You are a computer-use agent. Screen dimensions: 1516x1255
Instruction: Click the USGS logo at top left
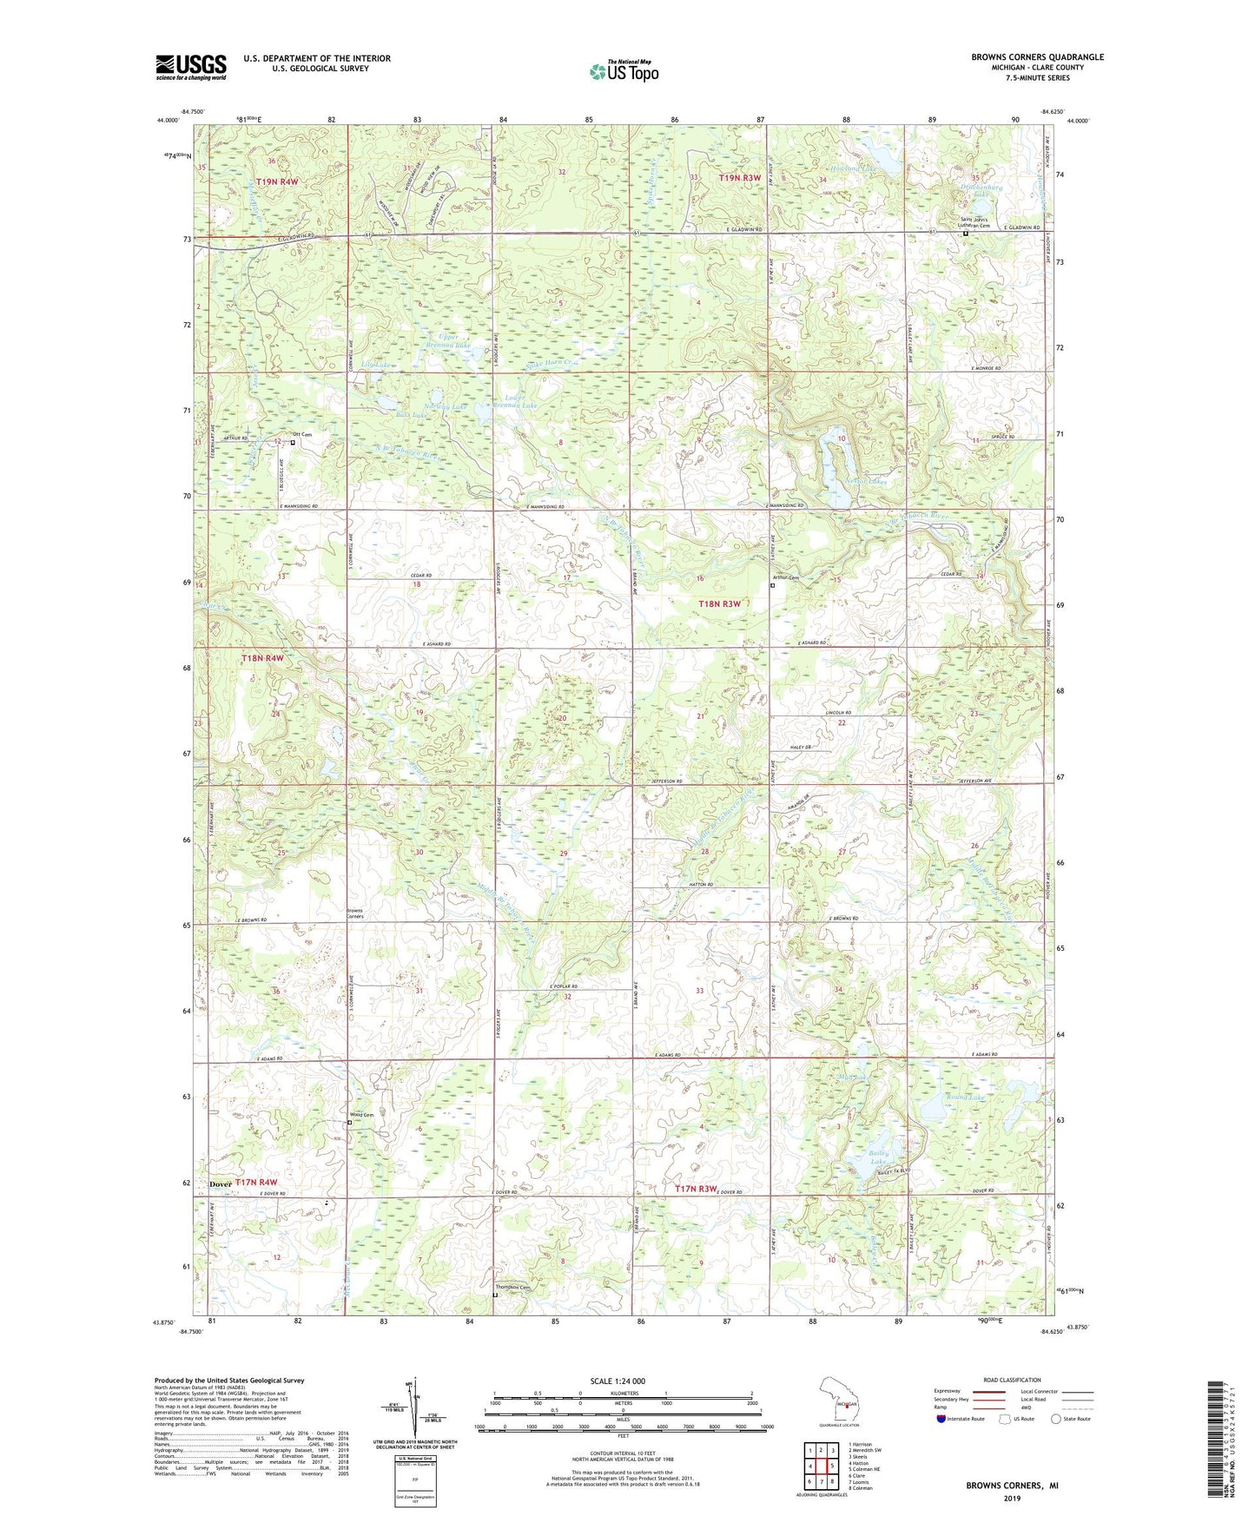191,66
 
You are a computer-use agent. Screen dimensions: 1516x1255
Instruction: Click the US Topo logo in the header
623,71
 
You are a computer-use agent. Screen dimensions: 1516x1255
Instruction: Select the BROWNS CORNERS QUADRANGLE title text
1037,57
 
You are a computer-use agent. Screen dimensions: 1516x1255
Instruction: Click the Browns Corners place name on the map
354,913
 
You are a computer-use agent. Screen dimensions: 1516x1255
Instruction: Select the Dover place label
221,1184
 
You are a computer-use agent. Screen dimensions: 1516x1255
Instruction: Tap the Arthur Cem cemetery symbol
773,585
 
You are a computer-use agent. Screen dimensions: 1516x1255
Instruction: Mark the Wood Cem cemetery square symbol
349,1123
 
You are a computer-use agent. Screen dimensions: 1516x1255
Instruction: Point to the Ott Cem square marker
293,443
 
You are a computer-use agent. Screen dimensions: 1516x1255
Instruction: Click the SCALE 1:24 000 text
616,1381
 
